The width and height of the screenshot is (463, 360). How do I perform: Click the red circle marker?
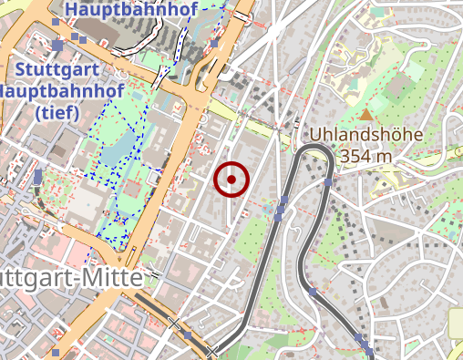click(x=231, y=180)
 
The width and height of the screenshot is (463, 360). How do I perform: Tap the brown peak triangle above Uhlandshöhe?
click(x=365, y=116)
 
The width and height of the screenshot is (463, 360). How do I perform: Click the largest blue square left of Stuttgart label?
click(x=57, y=44)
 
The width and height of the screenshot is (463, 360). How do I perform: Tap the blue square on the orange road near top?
click(x=214, y=43)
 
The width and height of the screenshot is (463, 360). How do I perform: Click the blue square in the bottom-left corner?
click(x=56, y=352)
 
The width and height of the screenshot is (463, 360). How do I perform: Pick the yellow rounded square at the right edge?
click(x=456, y=321)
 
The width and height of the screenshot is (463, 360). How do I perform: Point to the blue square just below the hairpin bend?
click(x=327, y=183)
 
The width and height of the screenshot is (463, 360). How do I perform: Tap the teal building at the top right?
click(x=377, y=15)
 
